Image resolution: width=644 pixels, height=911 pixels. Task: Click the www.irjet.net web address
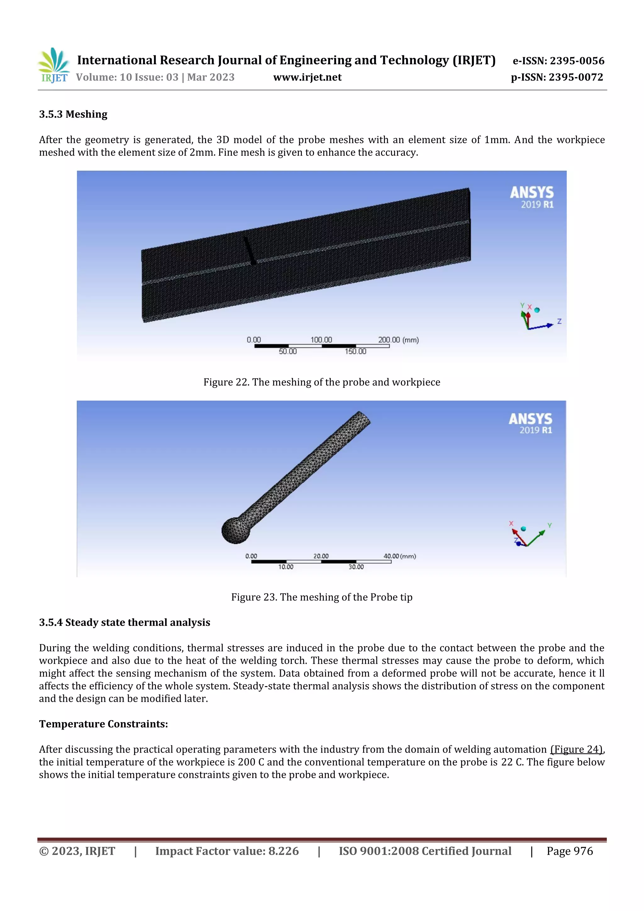[307, 77]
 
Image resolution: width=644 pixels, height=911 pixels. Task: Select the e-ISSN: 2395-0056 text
[558, 61]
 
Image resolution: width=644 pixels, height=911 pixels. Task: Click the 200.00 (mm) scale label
[398, 340]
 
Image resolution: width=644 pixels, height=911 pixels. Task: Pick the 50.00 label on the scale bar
[288, 352]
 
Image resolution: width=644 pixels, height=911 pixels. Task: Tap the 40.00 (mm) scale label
[400, 556]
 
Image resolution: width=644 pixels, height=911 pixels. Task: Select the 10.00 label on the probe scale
[286, 567]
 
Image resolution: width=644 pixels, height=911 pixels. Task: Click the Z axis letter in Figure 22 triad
[559, 321]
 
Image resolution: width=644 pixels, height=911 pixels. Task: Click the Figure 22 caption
[322, 382]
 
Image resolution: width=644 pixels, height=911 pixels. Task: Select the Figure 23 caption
[322, 597]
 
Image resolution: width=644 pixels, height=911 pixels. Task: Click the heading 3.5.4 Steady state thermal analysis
[125, 622]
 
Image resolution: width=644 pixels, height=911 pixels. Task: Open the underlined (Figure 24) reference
[576, 749]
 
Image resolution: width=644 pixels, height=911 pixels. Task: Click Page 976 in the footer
[569, 851]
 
